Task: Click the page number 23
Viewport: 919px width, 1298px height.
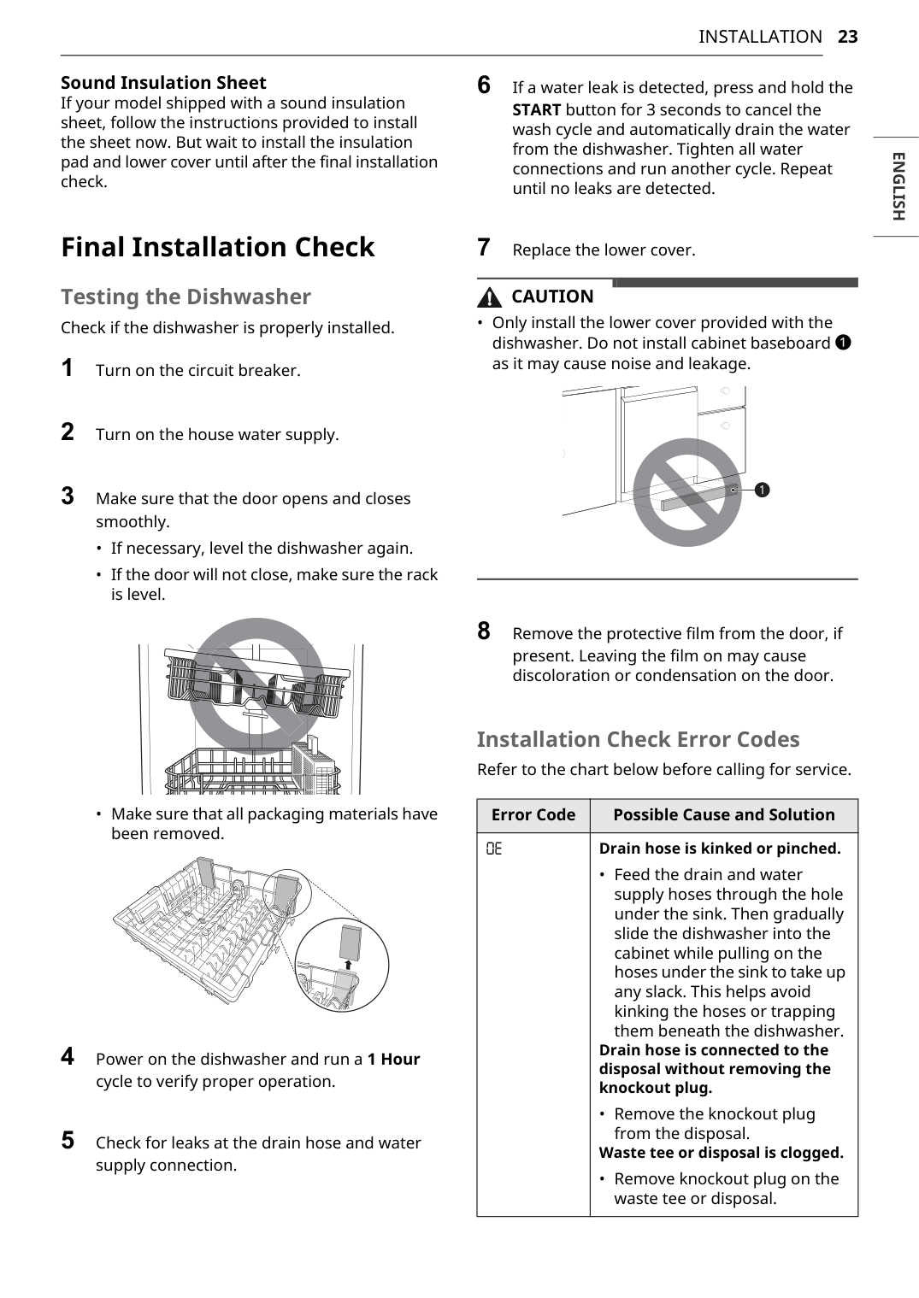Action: pos(847,37)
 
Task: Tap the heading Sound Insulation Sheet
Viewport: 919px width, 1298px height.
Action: pos(163,83)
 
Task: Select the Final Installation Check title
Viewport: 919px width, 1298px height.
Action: pos(217,247)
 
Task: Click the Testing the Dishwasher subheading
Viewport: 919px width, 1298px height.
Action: pos(186,297)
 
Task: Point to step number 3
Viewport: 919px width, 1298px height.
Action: pos(68,496)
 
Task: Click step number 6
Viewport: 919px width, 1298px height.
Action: pos(484,85)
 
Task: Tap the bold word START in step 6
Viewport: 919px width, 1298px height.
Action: pos(536,110)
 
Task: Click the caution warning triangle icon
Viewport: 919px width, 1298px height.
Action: pos(490,297)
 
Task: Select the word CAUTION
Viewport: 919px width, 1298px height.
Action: pos(552,297)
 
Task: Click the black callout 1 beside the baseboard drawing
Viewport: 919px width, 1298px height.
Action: pos(762,490)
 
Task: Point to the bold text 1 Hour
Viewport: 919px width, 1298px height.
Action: pos(393,1060)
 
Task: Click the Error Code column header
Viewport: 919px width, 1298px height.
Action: pos(533,815)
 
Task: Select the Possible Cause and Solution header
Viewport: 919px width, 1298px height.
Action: pos(723,815)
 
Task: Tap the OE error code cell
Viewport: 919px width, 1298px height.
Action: pos(494,849)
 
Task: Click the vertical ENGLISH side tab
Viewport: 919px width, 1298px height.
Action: pos(897,186)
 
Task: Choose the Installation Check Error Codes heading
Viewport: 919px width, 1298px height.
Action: pos(638,739)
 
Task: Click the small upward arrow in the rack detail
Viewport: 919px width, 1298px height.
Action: pos(348,965)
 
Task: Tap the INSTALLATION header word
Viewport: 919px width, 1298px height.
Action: pos(759,37)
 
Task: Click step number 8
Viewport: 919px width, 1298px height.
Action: pos(484,631)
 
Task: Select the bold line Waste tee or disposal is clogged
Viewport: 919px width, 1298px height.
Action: pos(721,1153)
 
